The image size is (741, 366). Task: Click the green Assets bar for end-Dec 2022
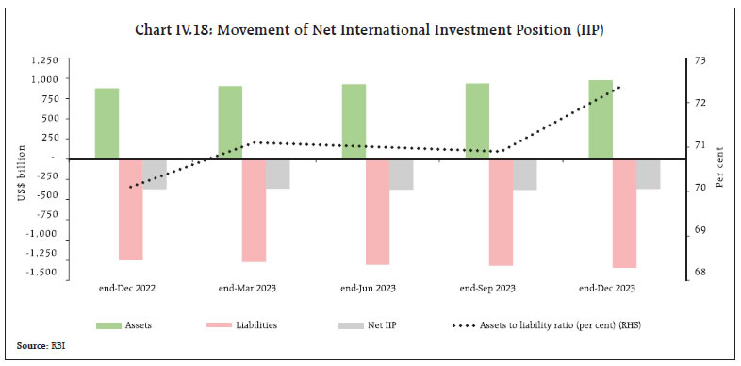point(107,124)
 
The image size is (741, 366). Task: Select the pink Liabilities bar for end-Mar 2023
point(254,210)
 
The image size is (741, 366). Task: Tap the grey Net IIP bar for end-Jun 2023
point(401,175)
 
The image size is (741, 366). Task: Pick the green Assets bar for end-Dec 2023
point(600,120)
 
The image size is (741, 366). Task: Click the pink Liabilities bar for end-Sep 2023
point(501,212)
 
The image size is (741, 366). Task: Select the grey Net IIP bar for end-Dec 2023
point(649,174)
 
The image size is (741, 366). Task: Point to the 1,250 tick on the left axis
point(43,59)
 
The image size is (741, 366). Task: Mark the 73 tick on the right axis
point(700,60)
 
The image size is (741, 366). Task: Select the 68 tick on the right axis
point(700,274)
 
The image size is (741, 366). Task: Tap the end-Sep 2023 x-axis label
point(486,288)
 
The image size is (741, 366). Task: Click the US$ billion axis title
point(18,166)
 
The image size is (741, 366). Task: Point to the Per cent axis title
point(719,166)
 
